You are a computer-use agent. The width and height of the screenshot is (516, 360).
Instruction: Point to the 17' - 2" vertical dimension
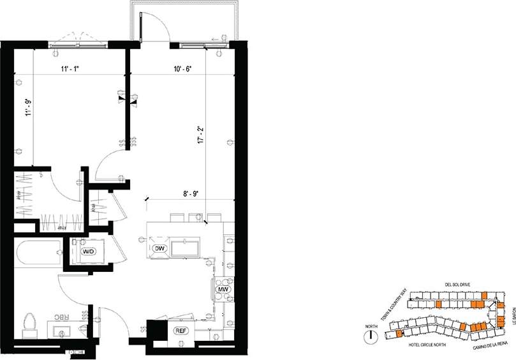[202, 138]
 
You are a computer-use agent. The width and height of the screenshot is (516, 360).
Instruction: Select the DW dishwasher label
[159, 248]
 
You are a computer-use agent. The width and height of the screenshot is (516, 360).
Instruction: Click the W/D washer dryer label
[88, 251]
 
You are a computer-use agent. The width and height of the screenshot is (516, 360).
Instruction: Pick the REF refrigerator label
[181, 331]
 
